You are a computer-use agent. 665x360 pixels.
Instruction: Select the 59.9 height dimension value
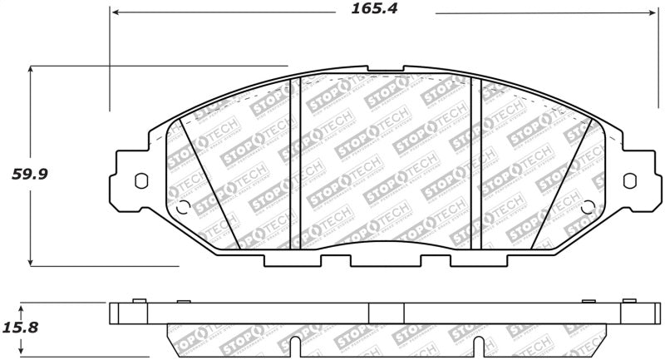pyautogui.click(x=27, y=175)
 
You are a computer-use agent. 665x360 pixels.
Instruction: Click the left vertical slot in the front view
pyautogui.click(x=293, y=162)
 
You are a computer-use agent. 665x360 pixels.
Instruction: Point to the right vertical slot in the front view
pyautogui.click(x=476, y=162)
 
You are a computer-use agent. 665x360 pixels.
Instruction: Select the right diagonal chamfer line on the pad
pyautogui.click(x=561, y=183)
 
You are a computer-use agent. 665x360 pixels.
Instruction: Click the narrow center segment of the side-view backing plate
pyautogui.click(x=386, y=313)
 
